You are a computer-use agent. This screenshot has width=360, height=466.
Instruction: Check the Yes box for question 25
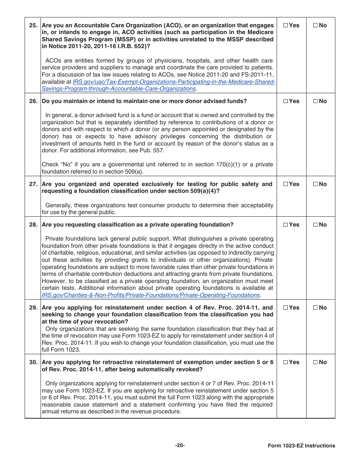pyautogui.click(x=285, y=25)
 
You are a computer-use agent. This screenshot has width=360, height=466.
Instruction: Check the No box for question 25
pyautogui.click(x=315, y=25)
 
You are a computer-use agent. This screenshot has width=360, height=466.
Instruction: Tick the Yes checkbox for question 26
pyautogui.click(x=285, y=101)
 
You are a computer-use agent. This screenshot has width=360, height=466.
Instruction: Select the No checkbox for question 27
pyautogui.click(x=315, y=184)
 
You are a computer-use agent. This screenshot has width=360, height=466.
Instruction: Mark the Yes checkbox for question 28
pyautogui.click(x=285, y=225)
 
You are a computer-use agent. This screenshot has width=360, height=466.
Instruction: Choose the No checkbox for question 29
pyautogui.click(x=315, y=308)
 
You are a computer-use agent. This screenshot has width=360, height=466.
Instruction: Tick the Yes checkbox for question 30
pyautogui.click(x=285, y=362)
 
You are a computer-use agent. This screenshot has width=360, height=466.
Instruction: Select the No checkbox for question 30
pyautogui.click(x=315, y=362)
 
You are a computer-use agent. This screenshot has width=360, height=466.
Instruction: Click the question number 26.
pyautogui.click(x=33, y=101)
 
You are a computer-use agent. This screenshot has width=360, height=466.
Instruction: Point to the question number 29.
pyautogui.click(x=33, y=308)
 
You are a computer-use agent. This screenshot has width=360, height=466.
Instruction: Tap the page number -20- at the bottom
pyautogui.click(x=180, y=446)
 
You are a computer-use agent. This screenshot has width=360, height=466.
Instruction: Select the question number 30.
pyautogui.click(x=33, y=362)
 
